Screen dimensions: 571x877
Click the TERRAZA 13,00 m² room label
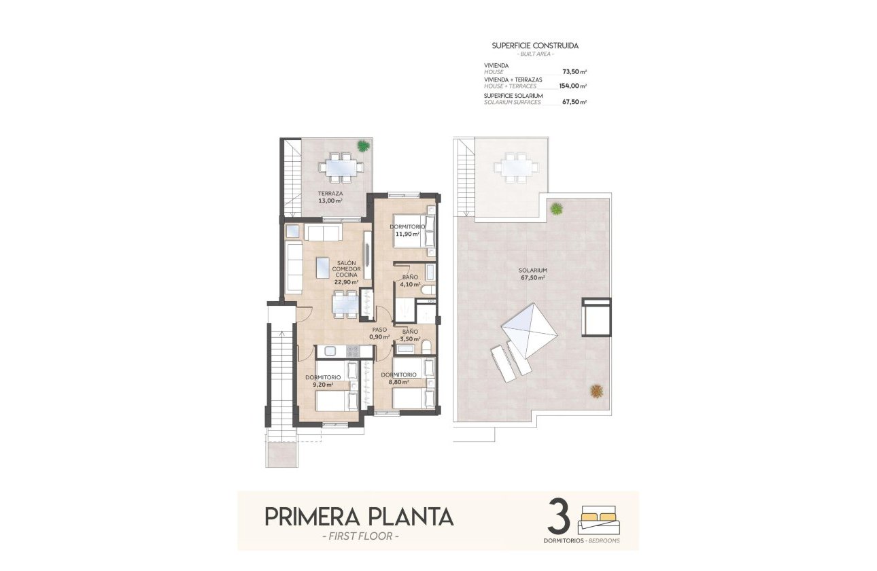(330, 197)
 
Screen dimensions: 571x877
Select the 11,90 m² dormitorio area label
(407, 230)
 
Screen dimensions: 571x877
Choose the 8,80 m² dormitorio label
(398, 378)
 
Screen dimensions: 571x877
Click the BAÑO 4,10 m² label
(410, 281)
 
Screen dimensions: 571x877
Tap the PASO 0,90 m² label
(379, 333)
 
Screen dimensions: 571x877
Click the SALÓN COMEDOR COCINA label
(346, 272)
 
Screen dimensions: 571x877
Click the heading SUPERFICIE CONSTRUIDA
(535, 46)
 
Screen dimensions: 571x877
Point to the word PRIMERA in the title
(309, 517)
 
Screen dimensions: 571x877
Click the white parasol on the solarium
(529, 329)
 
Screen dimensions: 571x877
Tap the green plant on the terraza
(364, 145)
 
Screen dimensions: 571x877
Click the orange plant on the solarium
(597, 391)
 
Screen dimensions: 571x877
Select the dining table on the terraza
(338, 165)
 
